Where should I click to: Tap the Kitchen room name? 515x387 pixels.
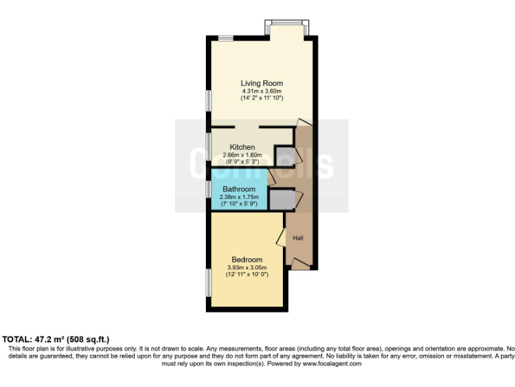pyautogui.click(x=242, y=147)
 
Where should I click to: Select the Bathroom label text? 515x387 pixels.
pyautogui.click(x=239, y=189)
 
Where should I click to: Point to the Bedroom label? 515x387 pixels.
pyautogui.click(x=247, y=259)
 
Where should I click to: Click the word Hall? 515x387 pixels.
pyautogui.click(x=298, y=238)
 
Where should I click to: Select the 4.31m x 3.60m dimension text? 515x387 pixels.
pyautogui.click(x=262, y=91)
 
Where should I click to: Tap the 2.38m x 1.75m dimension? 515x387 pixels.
pyautogui.click(x=239, y=197)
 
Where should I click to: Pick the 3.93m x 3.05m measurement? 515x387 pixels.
pyautogui.click(x=247, y=267)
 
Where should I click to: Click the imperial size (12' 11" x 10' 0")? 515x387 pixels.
pyautogui.click(x=247, y=274)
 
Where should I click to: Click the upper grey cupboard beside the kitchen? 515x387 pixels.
pyautogui.click(x=284, y=156)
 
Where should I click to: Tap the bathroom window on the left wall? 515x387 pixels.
pyautogui.click(x=208, y=189)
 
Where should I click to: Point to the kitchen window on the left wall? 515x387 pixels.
pyautogui.click(x=208, y=146)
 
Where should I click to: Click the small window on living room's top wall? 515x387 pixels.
pyautogui.click(x=225, y=38)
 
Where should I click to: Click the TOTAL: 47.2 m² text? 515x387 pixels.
pyautogui.click(x=56, y=339)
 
